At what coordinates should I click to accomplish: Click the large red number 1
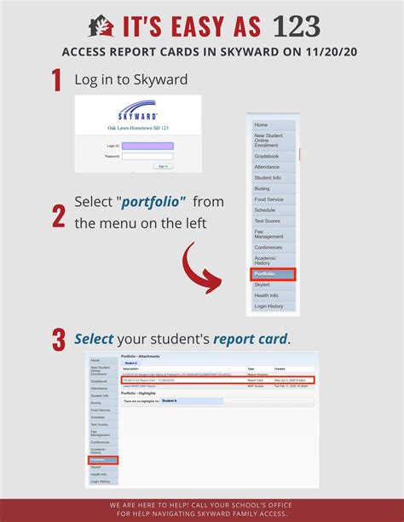57,80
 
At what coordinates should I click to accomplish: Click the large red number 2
58,214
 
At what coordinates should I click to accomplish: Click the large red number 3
58,339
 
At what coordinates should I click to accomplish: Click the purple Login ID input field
147,146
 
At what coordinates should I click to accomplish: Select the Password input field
147,157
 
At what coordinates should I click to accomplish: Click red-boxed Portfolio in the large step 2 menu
272,274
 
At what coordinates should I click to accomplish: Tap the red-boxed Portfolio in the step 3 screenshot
102,460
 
